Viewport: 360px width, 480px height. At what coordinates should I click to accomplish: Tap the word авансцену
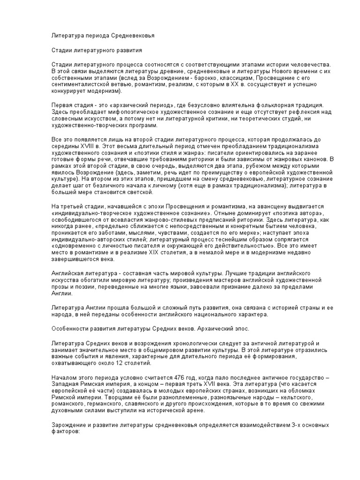coord(255,206)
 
